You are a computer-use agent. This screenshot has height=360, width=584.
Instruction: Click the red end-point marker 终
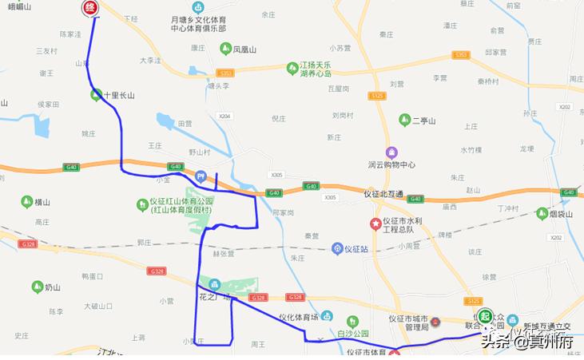pos(91,8)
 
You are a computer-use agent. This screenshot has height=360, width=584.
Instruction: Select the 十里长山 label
pos(118,95)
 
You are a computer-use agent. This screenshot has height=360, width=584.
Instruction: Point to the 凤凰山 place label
pos(244,49)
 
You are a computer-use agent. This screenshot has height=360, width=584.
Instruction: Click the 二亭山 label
pos(423,121)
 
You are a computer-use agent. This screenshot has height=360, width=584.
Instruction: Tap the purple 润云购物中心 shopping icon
pos(391,152)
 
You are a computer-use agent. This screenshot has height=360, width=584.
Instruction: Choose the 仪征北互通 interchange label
pos(383,194)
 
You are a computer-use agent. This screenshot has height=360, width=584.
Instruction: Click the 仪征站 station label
pos(356,248)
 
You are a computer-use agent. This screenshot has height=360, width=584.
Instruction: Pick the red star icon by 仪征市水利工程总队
pos(375,224)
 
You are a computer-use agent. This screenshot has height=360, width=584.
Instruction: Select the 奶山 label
pos(53,287)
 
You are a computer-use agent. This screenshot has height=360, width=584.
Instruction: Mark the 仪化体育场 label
pos(298,317)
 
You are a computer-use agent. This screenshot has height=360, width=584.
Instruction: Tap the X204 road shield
pos(224,116)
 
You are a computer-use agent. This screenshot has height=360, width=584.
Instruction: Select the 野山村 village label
pos(199,152)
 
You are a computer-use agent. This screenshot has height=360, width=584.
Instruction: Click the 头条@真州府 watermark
pos(527,342)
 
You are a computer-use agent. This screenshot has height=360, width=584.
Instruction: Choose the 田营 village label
pos(185,124)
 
